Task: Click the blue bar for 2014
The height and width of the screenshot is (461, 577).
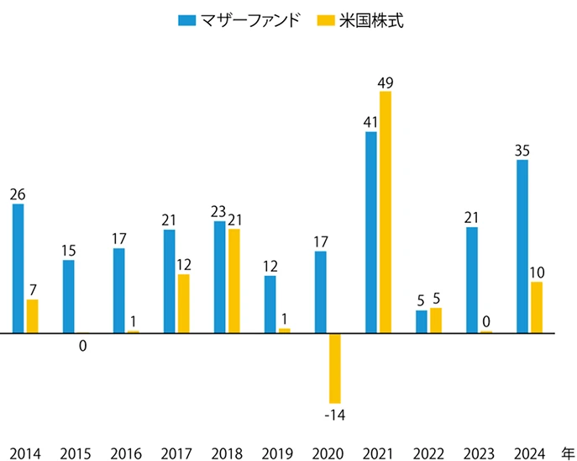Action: [18, 268]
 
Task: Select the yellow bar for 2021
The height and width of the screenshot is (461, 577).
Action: [385, 212]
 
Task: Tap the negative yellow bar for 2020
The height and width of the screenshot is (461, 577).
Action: [334, 368]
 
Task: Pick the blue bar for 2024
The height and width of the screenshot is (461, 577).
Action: [522, 246]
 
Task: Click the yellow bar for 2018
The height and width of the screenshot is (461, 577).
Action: [233, 281]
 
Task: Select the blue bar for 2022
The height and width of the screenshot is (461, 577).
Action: [422, 321]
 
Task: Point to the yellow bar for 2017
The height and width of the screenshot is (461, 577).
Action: [183, 304]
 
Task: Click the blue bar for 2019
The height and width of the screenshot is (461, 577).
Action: [270, 304]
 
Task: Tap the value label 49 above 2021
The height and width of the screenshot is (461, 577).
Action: [386, 82]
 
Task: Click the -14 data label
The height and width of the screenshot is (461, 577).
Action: [336, 415]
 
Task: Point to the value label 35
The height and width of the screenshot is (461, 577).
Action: [522, 151]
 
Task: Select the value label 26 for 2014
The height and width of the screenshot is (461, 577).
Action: [18, 194]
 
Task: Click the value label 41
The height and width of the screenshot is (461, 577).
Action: [370, 123]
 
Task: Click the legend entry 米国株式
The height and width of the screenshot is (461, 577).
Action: [378, 20]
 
